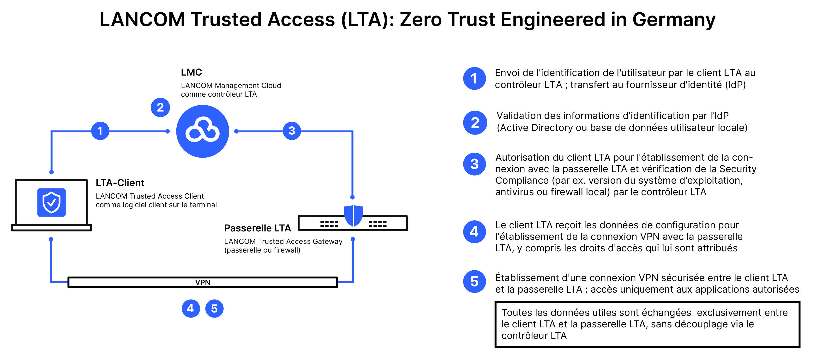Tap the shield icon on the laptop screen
point(51,202)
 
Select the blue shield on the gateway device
point(353,215)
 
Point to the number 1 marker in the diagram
point(100,131)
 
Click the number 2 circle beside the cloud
point(160,107)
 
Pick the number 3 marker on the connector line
point(292,130)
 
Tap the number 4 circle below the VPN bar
point(191,308)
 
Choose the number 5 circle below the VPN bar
point(215,308)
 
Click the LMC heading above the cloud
point(191,72)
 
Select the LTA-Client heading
point(120,183)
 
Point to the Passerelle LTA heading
point(257,228)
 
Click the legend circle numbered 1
point(474,78)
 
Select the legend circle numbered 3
point(474,164)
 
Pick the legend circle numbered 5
point(474,282)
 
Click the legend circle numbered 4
point(474,232)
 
